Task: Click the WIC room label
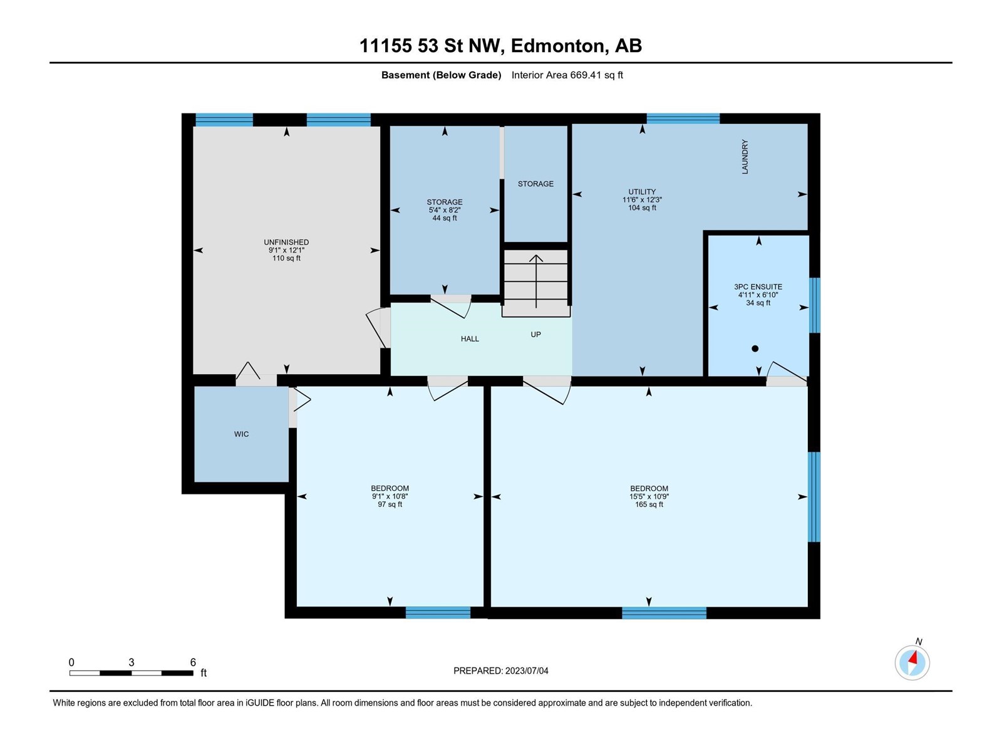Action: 241,434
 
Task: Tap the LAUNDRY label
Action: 745,157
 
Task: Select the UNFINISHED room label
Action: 286,243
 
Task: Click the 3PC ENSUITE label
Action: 758,287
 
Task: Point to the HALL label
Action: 470,339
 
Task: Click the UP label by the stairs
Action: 535,335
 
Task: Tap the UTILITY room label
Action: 642,192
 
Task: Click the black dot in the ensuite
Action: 755,349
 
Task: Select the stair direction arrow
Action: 536,281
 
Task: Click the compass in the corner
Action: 912,662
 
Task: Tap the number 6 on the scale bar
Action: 193,662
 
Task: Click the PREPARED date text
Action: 501,671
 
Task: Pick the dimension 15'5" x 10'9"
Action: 649,496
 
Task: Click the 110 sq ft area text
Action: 286,258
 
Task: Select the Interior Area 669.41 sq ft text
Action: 567,75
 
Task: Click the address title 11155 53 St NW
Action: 431,46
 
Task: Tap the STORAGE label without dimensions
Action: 535,184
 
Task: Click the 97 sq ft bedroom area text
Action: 390,504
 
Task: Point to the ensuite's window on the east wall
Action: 814,305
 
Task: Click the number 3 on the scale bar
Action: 132,662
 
